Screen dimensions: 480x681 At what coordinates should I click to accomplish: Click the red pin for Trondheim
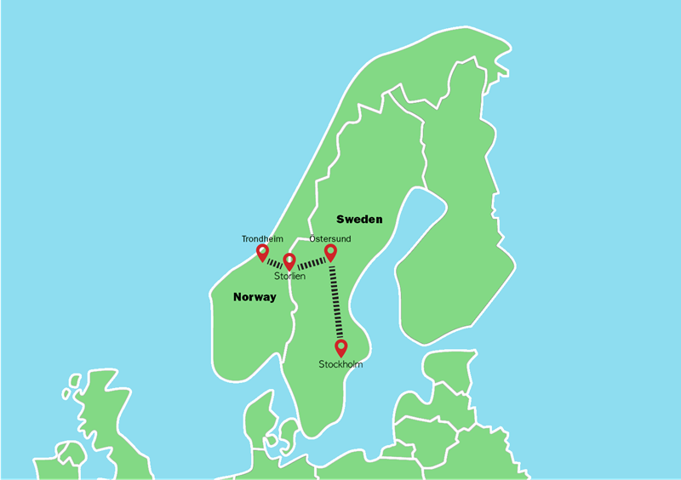[x=262, y=252]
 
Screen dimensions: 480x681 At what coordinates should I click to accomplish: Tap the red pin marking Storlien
[x=289, y=260]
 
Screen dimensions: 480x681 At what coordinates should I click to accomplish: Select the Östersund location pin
[x=331, y=251]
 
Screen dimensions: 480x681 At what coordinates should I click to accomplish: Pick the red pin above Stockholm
[x=341, y=347]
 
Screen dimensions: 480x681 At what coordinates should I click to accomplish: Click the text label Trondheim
[x=262, y=239]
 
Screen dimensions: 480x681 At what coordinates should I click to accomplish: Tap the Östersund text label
[x=329, y=239]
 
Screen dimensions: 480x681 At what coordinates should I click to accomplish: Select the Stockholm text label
[x=340, y=365]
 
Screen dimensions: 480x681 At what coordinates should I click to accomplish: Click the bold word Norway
[x=255, y=298]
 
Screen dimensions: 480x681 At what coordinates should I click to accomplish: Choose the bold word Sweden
[x=359, y=219]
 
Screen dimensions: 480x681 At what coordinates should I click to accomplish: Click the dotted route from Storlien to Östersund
[x=311, y=264]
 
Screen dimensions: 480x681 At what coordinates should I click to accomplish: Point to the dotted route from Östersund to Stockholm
[x=336, y=302]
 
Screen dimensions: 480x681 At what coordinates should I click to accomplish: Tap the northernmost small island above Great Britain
[x=75, y=379]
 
